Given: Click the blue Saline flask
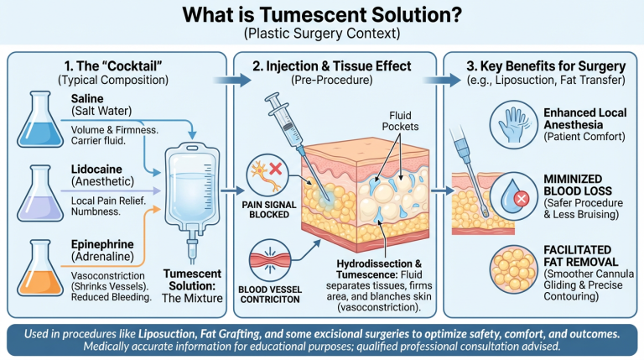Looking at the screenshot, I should tap(34, 123).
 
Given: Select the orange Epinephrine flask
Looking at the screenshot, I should tap(34, 269).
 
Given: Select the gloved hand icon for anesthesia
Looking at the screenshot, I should tap(514, 123).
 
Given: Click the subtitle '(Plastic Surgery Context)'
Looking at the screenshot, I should tap(323, 34).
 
